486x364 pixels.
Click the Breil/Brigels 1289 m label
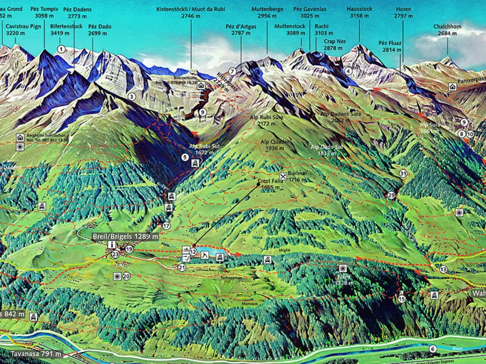coord(125,236)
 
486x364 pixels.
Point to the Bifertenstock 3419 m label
coord(66,30)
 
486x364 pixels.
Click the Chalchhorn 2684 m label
coord(448,30)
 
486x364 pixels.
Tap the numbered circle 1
coord(61,49)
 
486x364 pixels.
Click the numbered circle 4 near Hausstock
coord(348,71)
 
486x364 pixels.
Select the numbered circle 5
coord(185,157)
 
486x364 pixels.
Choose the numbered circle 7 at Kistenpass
coord(232,71)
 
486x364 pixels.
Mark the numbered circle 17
coord(167,226)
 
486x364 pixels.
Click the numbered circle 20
coord(126,276)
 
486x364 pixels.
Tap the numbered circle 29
coord(392,195)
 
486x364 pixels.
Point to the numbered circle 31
coord(403,173)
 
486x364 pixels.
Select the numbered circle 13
coord(443,269)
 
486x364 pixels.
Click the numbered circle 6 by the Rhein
coord(433,348)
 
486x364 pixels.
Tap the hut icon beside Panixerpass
coord(452,86)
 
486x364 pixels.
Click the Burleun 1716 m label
coord(297,176)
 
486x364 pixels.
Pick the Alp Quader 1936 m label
coord(275,145)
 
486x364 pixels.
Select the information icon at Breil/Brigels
coord(112,244)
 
